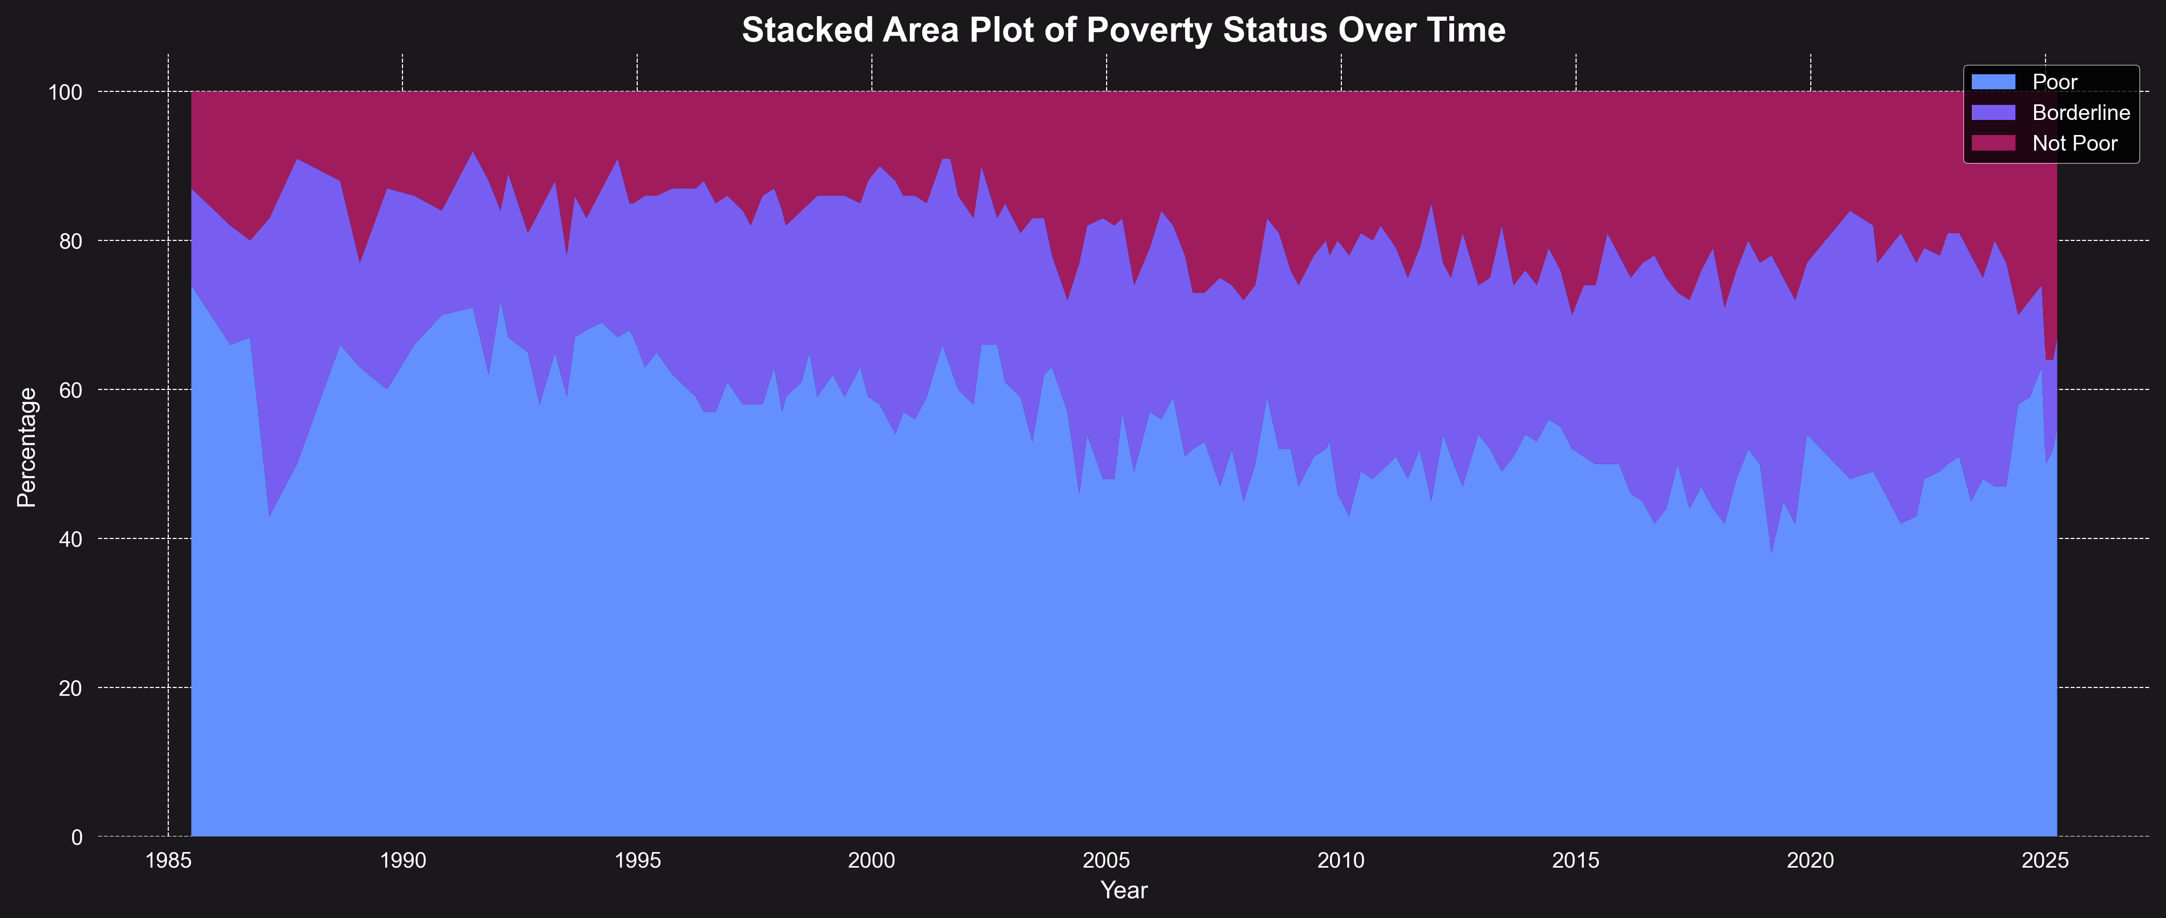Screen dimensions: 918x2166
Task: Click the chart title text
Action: [1123, 30]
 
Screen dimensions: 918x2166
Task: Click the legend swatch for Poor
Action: [1993, 82]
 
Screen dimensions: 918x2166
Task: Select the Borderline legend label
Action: [2081, 113]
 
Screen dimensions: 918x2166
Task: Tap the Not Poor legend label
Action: [2075, 144]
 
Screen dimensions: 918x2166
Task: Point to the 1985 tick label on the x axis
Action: [168, 861]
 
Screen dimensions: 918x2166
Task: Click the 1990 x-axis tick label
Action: [403, 861]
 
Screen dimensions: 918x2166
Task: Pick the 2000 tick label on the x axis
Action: [872, 861]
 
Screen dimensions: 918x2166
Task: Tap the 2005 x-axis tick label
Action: [1107, 861]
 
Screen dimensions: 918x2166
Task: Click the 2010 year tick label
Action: [1341, 861]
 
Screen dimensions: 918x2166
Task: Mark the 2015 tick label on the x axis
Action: [1576, 861]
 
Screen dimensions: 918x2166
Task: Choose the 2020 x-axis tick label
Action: [1810, 861]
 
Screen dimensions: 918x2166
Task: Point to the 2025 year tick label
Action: [2045, 861]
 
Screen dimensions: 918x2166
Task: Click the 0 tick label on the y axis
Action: [77, 838]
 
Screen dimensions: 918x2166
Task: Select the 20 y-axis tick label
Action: [72, 688]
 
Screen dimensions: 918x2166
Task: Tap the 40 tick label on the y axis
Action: [72, 539]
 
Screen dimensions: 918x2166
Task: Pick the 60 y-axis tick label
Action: [72, 390]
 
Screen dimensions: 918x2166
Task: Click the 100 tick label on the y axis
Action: [65, 92]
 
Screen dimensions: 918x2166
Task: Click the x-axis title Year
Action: [1123, 890]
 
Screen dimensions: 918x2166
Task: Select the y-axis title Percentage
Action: [27, 447]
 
